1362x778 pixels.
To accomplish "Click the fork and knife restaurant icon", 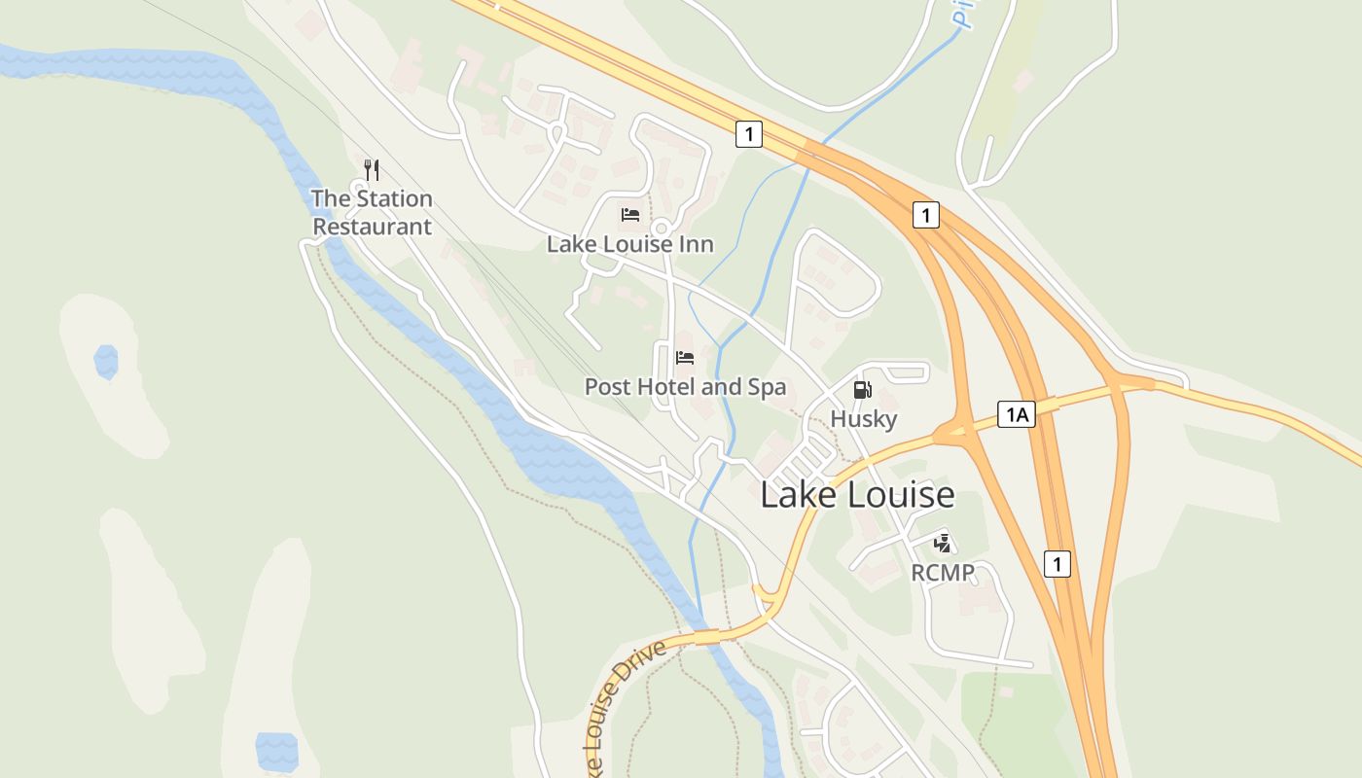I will (x=371, y=169).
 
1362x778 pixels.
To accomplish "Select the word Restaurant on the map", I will (x=372, y=227).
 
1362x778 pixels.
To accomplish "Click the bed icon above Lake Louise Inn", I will (x=630, y=214).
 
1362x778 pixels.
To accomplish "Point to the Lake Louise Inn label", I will (x=629, y=243).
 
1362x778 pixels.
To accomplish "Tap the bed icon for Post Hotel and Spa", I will (x=685, y=357).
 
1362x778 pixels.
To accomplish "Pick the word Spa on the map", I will (x=766, y=387).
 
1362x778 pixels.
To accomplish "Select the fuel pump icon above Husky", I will (x=862, y=390).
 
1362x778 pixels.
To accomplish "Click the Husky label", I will (x=863, y=419).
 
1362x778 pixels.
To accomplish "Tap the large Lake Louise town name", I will (x=856, y=495).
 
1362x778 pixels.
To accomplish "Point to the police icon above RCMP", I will (x=941, y=544).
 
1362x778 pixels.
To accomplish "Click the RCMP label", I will (x=942, y=573).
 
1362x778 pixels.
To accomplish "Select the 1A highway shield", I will (x=1016, y=415).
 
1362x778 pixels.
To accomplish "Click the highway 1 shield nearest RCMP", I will (x=1057, y=563).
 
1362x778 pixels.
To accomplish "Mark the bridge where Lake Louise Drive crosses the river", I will (x=707, y=636).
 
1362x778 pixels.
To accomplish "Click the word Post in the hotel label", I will (x=607, y=386).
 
